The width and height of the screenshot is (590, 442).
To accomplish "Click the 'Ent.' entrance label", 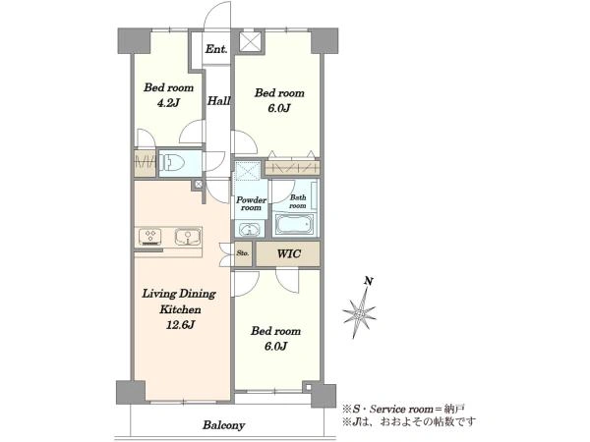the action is click(216, 49).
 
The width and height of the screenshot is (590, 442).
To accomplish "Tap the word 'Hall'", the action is click(218, 101).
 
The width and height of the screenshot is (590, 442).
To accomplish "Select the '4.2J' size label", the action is click(168, 103).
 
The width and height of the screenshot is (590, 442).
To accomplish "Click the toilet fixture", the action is click(173, 163).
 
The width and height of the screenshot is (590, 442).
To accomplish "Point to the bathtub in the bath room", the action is click(294, 224).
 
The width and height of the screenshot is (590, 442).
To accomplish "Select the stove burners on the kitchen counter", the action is click(150, 237).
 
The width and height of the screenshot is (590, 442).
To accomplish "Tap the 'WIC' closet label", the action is click(288, 253).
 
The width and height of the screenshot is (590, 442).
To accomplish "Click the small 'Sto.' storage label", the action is click(243, 253).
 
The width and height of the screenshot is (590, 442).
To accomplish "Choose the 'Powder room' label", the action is click(251, 203).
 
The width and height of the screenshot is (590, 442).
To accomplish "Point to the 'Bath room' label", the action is click(298, 201).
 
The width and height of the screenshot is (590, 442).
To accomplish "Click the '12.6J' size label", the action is click(180, 325).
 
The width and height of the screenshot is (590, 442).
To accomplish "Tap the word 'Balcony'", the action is click(224, 425).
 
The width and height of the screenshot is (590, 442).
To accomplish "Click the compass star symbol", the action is click(359, 313).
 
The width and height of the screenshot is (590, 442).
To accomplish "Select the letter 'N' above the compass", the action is click(369, 281).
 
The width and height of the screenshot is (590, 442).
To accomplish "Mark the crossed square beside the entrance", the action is click(251, 41).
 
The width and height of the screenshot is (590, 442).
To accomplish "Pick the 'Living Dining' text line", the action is click(179, 294).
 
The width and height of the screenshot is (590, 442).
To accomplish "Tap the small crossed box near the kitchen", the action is click(199, 185).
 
